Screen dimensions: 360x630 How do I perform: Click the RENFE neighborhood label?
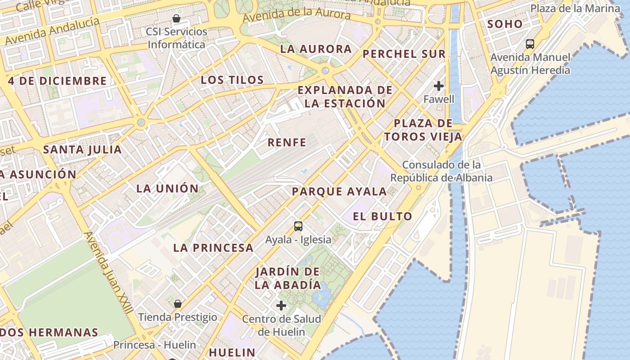coord(287,143)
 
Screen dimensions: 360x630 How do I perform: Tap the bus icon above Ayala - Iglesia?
coord(298,226)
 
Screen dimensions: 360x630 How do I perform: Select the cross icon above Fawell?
coord(439,85)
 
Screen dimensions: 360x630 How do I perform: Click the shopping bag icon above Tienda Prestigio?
coord(178,303)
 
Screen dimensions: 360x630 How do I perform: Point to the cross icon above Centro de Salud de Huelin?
coord(281,306)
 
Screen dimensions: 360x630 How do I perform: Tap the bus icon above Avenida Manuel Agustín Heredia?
coord(530,44)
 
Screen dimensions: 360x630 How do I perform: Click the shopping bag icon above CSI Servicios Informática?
coord(176,18)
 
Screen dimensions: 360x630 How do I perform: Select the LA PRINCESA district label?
coord(213,247)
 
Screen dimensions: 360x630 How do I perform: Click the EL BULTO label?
coord(382,216)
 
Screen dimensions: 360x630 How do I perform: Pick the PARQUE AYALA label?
coord(339,192)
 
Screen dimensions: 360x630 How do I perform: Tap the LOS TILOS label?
coord(232,80)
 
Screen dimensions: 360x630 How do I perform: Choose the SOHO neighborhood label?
coord(505,24)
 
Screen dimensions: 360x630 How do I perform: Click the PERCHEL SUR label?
coord(404,54)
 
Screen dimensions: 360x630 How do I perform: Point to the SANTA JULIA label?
coord(82,149)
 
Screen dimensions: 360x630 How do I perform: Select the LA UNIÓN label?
coord(167,189)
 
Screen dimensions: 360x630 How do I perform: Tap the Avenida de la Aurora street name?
coord(297,13)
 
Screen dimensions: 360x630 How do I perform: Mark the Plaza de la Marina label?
coord(575,8)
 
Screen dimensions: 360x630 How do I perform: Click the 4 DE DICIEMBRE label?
coord(57,81)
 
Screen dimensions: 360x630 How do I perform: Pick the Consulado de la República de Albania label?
coord(441,171)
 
